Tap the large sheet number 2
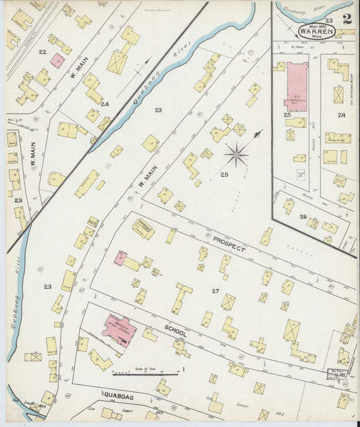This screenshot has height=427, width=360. tap(346, 18)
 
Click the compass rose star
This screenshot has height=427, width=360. tap(236, 156)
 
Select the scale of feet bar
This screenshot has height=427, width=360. tap(145, 372)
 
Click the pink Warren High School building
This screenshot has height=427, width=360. tap(120, 330)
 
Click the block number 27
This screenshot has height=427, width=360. tap(215, 291)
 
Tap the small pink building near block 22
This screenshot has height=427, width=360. tap(57, 60)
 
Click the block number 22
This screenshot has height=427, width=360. tap(42, 51)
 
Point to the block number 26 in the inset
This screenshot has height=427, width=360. tap(304, 217)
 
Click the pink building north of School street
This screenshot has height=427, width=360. tap(121, 257)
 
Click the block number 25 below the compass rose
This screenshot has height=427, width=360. tap(224, 175)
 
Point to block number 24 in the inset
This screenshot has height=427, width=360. tap(342, 116)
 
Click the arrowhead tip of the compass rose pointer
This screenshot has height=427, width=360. tap(259, 134)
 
